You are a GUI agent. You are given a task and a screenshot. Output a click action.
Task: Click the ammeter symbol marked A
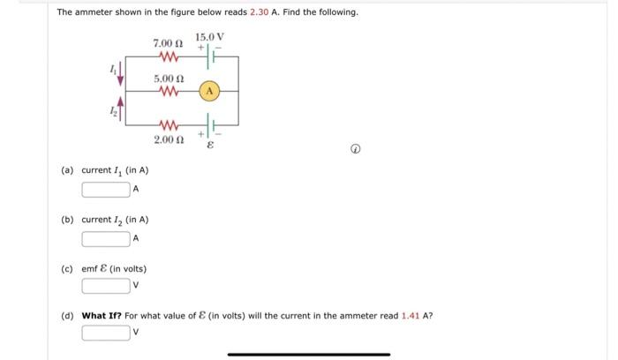point(209,91)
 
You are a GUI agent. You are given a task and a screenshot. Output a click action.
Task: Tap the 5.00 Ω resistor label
point(167,78)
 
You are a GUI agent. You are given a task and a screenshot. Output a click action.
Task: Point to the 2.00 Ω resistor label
point(167,139)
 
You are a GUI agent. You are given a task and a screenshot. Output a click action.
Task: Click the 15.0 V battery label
point(210,36)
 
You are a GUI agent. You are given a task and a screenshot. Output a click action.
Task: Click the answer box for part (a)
point(106,189)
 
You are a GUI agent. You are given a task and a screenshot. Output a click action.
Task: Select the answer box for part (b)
point(106,238)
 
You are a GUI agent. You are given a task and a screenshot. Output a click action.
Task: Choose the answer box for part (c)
point(106,286)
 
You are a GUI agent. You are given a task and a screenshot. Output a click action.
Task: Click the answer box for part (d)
point(106,333)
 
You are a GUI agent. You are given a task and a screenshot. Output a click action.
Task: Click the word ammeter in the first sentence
point(93,12)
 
